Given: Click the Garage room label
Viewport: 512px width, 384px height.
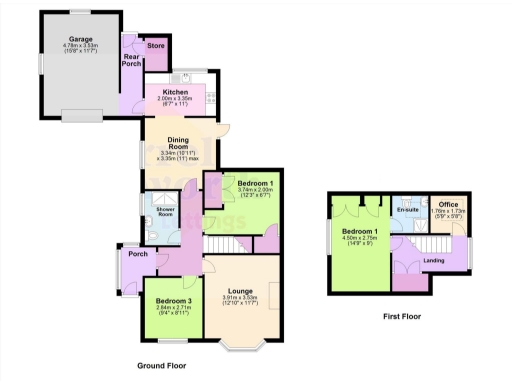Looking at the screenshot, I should coord(73,37).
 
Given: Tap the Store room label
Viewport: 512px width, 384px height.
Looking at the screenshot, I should coord(155,45).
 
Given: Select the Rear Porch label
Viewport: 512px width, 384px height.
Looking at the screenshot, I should coord(131,62).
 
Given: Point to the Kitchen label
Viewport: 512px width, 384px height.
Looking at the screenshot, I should coord(175,92).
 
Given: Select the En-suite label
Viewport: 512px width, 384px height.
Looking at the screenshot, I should coord(407,209).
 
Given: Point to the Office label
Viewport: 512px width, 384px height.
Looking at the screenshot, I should coord(440,204).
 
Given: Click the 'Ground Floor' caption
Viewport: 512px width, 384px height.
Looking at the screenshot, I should coord(161,366).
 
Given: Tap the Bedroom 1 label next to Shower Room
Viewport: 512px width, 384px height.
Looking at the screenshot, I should coord(255,183).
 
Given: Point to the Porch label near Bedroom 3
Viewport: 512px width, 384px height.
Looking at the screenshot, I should coord(136,253).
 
